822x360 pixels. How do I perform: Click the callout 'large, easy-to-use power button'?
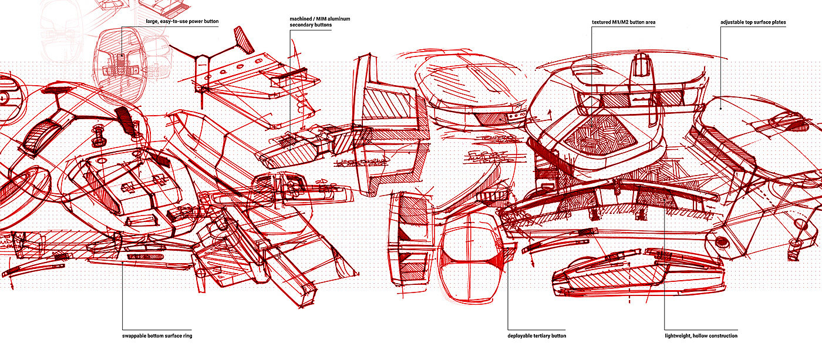click(182, 22)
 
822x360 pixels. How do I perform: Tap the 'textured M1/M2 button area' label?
click(623, 22)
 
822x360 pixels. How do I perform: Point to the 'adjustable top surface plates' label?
click(753, 22)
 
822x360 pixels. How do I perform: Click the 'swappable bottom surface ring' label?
click(157, 336)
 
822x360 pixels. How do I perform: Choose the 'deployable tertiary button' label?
click(537, 336)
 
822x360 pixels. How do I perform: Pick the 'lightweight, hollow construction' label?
click(701, 336)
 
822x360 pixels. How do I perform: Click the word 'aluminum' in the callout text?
click(338, 19)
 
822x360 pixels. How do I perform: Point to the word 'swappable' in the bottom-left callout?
click(136, 336)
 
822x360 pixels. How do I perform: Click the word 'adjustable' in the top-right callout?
click(734, 22)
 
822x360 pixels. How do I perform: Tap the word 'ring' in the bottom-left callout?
click(187, 336)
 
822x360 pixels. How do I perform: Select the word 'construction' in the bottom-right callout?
click(725, 336)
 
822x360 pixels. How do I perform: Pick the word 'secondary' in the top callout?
click(302, 25)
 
